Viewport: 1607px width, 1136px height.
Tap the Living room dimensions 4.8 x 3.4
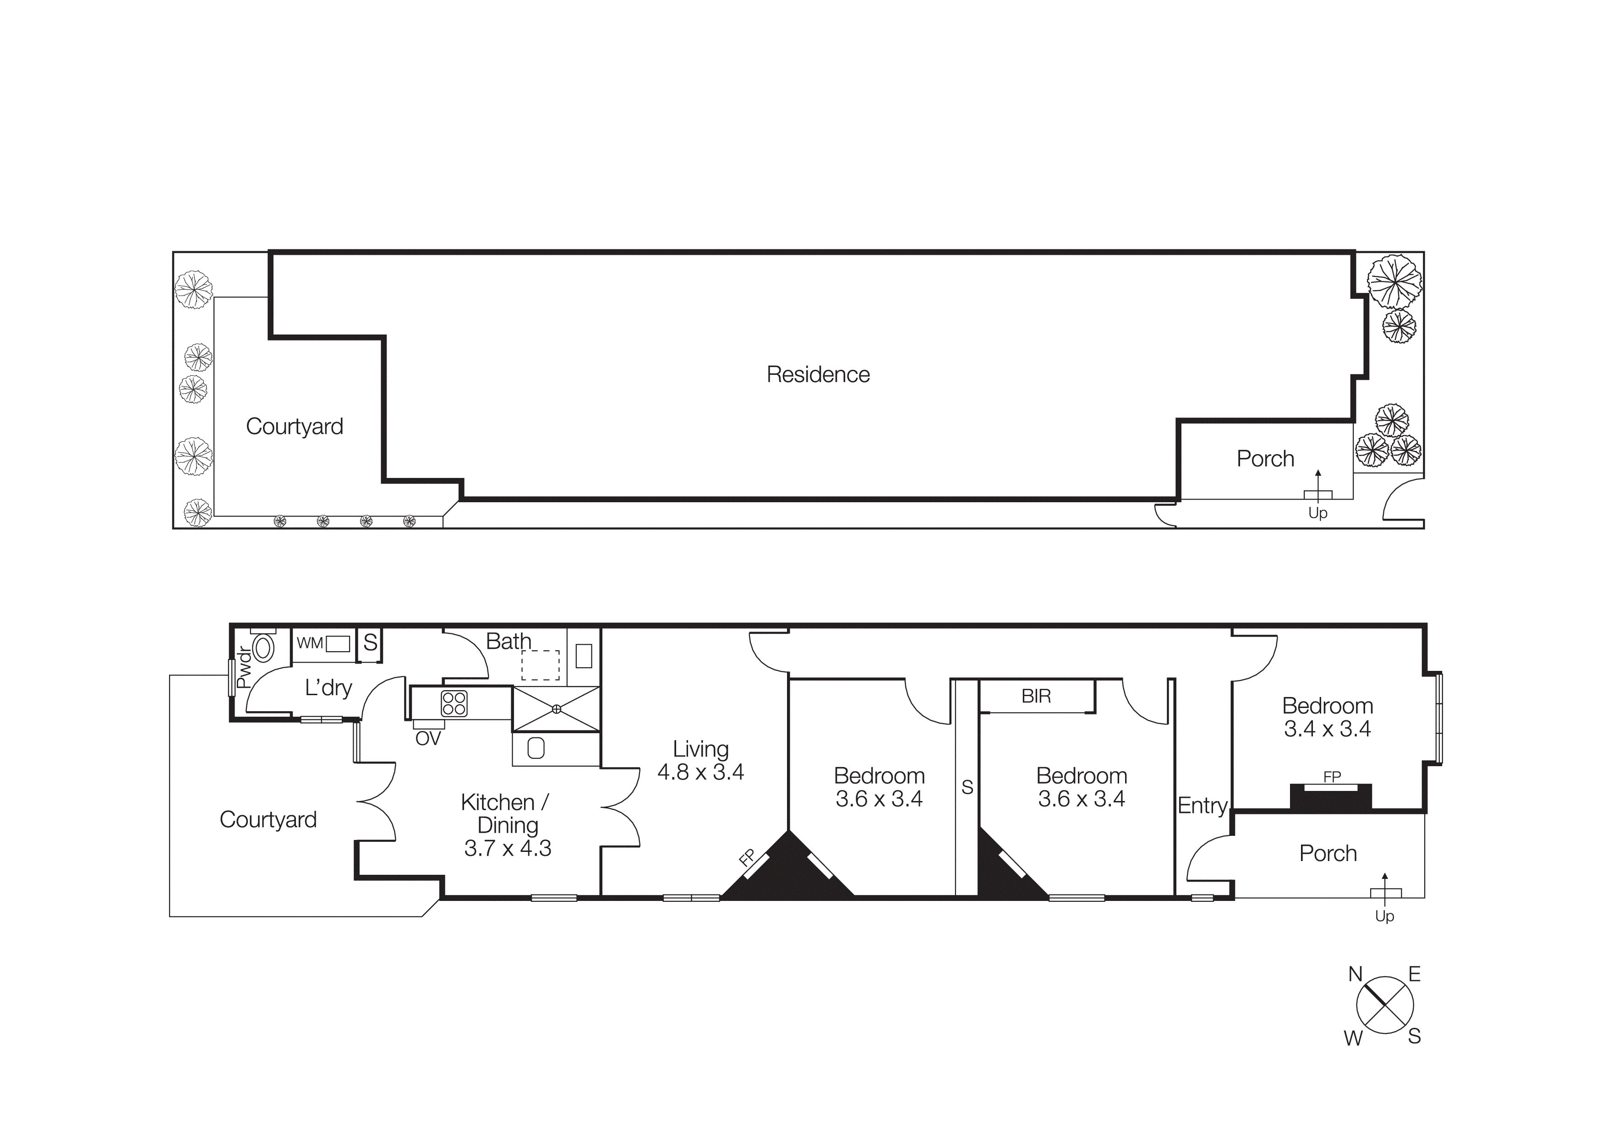point(700,772)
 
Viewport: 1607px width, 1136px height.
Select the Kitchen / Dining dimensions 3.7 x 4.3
point(508,848)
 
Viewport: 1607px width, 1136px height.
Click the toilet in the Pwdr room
point(263,648)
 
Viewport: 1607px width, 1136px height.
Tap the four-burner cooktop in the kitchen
point(454,703)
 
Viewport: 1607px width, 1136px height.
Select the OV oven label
point(428,738)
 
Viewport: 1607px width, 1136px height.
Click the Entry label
point(1202,806)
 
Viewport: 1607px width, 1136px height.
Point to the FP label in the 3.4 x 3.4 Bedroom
point(1332,777)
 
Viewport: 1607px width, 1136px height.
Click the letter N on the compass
point(1355,974)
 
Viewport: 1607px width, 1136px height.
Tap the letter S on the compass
point(1414,1037)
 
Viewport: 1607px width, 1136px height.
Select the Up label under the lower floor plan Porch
point(1384,916)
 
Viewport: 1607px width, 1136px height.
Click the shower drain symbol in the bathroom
point(557,709)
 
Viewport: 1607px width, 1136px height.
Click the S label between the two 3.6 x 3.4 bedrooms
point(967,787)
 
